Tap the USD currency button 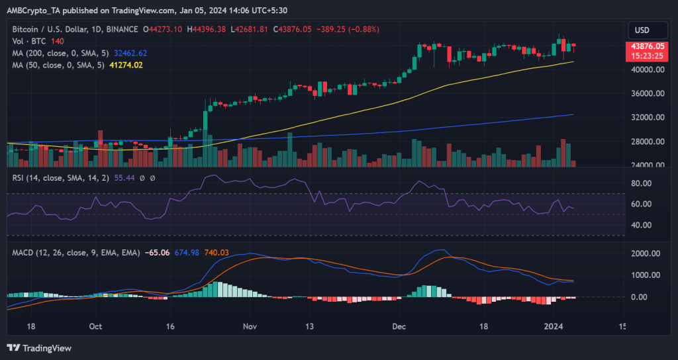tap(642, 30)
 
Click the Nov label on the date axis tap(250, 326)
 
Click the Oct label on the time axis tap(95, 326)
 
